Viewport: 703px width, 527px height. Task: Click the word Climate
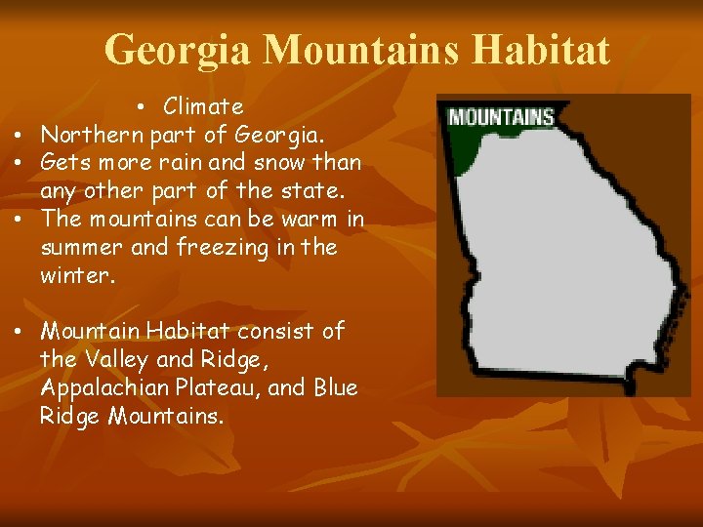pos(203,105)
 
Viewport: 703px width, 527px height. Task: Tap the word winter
pos(76,275)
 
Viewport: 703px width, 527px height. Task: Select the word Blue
pos(336,387)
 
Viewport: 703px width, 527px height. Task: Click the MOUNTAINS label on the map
pos(501,118)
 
